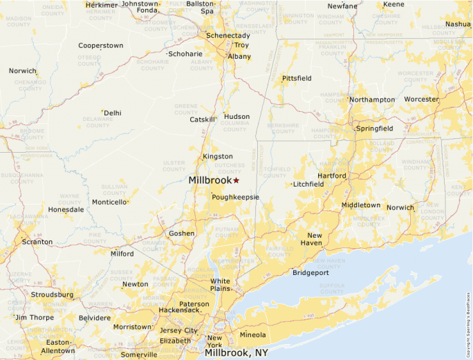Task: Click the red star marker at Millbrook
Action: pyautogui.click(x=236, y=180)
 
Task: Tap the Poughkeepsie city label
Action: pyautogui.click(x=235, y=197)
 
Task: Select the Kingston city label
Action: pyautogui.click(x=217, y=156)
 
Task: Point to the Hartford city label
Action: pyautogui.click(x=332, y=176)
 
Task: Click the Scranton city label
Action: pyautogui.click(x=37, y=242)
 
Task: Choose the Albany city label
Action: pyautogui.click(x=239, y=56)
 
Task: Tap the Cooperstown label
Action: pyautogui.click(x=100, y=46)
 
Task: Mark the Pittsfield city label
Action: pyautogui.click(x=297, y=78)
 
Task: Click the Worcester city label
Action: pyautogui.click(x=421, y=99)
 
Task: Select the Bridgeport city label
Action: pyautogui.click(x=310, y=273)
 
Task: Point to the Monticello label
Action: pyautogui.click(x=109, y=202)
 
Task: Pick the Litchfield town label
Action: pyautogui.click(x=308, y=184)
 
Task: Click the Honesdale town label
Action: pyautogui.click(x=66, y=209)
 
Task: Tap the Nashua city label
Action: pyautogui.click(x=458, y=23)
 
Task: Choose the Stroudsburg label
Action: pyautogui.click(x=52, y=294)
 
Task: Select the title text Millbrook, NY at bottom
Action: pyautogui.click(x=236, y=352)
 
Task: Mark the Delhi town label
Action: pyautogui.click(x=112, y=113)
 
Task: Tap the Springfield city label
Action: pyautogui.click(x=374, y=128)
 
